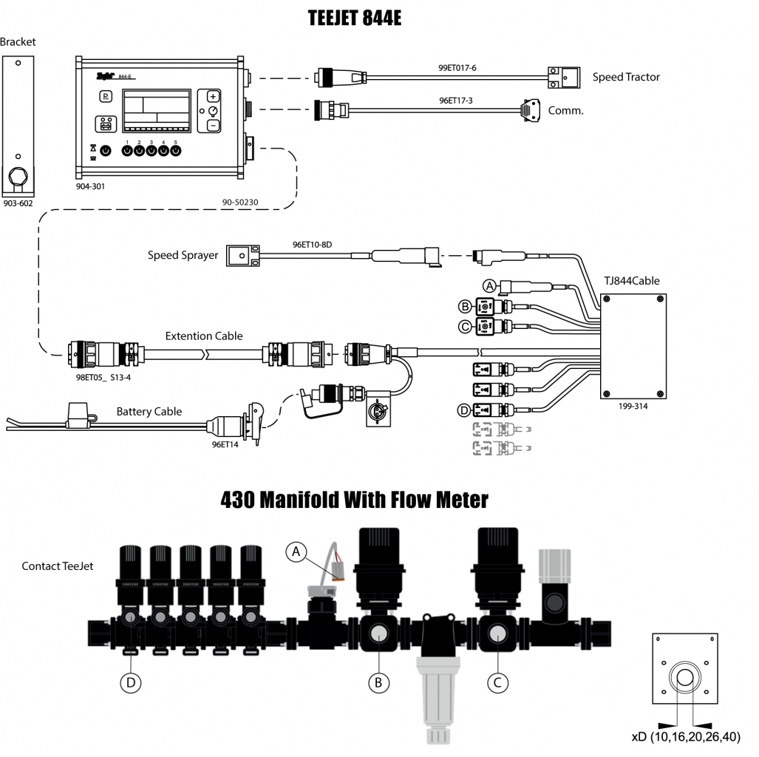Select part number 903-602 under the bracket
(18, 202)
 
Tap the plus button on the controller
(213, 97)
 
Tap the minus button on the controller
(213, 126)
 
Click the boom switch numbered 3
(152, 151)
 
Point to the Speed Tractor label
(626, 77)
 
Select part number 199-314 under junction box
(633, 406)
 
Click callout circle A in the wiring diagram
(489, 285)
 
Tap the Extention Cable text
(204, 336)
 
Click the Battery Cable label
(149, 412)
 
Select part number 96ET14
(225, 445)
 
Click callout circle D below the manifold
(131, 683)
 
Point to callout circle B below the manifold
(378, 683)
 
